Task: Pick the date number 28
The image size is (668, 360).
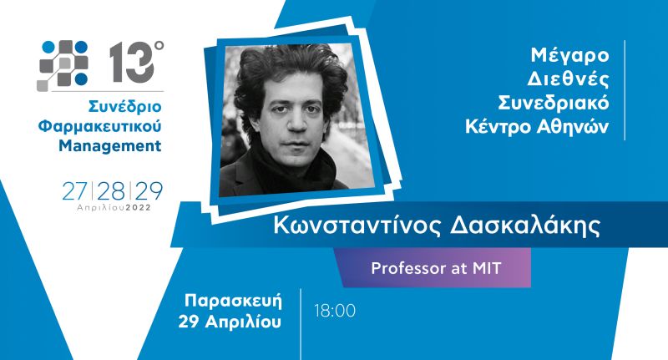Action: [x=113, y=190]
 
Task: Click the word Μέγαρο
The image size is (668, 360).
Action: [x=570, y=57]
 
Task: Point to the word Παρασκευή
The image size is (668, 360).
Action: [x=243, y=300]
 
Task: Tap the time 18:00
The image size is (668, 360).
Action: [x=335, y=311]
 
